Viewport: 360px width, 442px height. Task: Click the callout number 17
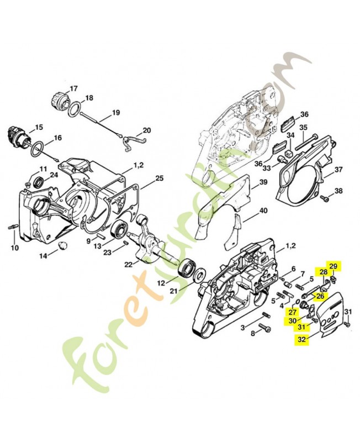[74, 88]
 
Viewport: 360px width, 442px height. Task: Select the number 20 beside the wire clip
[146, 130]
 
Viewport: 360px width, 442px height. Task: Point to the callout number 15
[38, 128]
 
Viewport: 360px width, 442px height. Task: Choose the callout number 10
[14, 248]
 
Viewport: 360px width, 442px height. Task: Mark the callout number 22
[128, 264]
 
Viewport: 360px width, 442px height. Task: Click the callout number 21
[174, 291]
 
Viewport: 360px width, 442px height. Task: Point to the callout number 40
[263, 211]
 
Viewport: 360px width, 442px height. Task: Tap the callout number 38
[338, 191]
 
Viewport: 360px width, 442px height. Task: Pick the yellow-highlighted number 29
[333, 266]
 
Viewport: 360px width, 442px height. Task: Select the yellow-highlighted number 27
[292, 312]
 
